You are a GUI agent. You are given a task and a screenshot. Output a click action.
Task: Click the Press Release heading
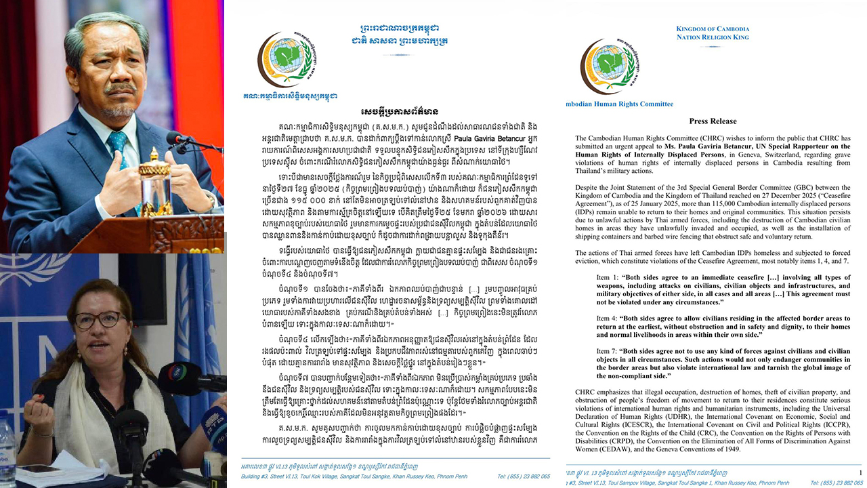tap(713, 121)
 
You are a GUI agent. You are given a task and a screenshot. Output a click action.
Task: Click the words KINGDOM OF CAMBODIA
tap(713, 29)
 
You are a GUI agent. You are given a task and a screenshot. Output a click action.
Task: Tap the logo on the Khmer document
tap(282, 58)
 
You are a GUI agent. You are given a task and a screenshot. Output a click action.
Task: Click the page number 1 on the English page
tap(860, 472)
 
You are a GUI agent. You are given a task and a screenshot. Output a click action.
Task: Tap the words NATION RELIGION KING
tap(713, 37)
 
